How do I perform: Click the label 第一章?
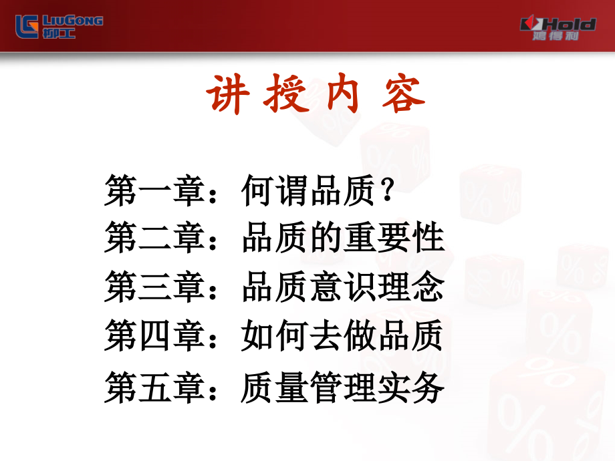[156, 190]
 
